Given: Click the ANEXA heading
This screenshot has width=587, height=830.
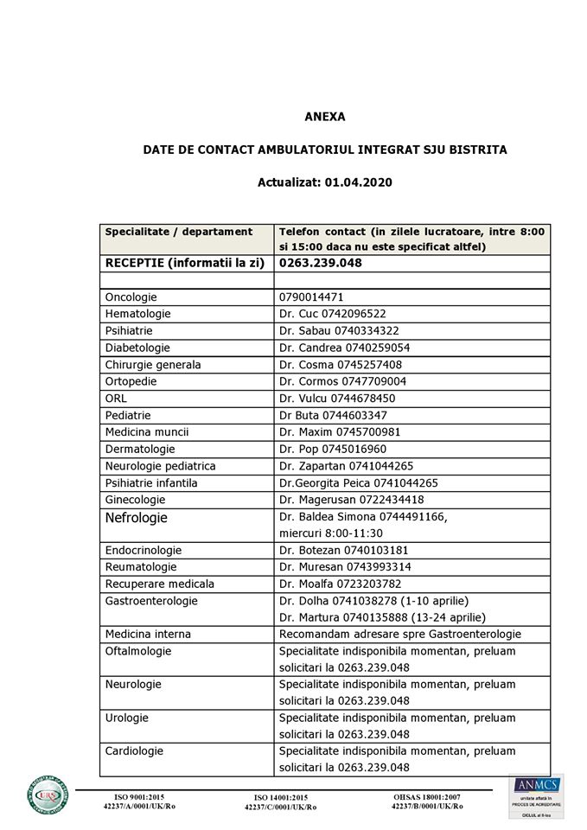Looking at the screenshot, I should click(x=324, y=116).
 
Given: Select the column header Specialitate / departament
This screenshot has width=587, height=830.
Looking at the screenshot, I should click(x=179, y=232).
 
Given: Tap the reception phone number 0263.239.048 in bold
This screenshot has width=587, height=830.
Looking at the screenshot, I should click(x=321, y=263).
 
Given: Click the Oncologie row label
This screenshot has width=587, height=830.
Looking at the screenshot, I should click(x=131, y=297).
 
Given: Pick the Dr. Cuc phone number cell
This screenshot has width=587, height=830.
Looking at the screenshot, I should click(x=333, y=314).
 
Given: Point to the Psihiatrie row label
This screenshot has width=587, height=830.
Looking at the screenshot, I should click(x=129, y=330).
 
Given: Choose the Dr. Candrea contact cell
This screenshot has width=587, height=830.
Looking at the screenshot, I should click(x=345, y=348).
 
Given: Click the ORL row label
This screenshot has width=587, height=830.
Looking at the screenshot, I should click(x=115, y=398).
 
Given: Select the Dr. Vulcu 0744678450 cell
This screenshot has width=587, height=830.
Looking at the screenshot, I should click(x=337, y=398).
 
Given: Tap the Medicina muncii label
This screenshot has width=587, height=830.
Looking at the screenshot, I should click(x=147, y=431).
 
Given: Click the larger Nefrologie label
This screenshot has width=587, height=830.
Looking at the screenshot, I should click(x=136, y=518).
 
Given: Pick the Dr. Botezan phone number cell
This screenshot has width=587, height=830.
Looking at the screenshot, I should click(x=344, y=550).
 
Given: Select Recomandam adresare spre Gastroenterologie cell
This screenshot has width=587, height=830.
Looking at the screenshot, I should click(x=400, y=634).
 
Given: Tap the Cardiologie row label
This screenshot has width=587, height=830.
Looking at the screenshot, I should click(x=134, y=751).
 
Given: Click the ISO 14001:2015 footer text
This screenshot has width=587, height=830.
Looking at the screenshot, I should click(x=280, y=797).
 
